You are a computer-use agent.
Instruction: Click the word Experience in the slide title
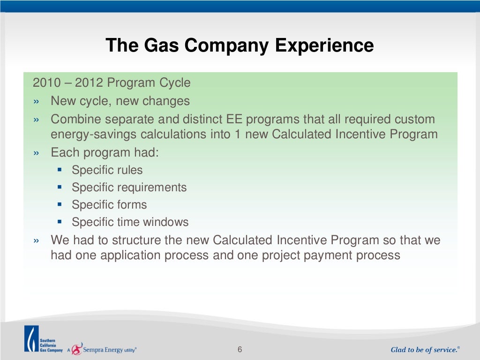[x=324, y=46]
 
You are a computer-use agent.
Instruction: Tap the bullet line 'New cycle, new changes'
[x=120, y=101]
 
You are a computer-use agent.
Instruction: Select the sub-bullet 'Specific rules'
[x=107, y=170]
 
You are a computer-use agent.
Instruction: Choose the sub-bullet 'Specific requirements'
[x=129, y=187]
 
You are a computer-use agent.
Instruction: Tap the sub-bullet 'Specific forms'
[x=109, y=205]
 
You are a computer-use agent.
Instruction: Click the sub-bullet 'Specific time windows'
[x=130, y=222]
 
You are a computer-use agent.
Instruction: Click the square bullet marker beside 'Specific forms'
[x=60, y=205]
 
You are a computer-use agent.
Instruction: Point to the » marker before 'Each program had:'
[x=37, y=153]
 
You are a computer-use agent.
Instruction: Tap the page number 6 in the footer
[x=240, y=350]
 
